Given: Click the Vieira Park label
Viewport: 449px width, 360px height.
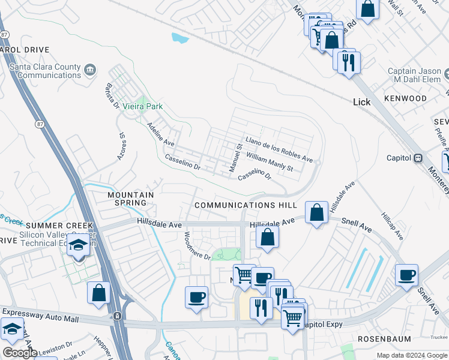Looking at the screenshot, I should coord(142,106).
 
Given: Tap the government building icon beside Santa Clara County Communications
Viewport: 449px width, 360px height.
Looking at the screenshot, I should coord(90,70).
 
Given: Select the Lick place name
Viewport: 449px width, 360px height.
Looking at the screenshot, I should coord(362,102).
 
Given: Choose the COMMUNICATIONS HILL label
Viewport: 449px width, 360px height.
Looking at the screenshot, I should coord(246,205).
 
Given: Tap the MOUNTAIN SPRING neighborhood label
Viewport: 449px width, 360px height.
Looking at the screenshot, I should coord(130,199).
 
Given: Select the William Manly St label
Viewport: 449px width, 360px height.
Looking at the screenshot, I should coord(270,161).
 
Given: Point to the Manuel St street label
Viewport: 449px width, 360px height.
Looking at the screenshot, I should coord(235,157).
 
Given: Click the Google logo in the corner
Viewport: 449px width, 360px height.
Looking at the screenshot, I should coord(20,353).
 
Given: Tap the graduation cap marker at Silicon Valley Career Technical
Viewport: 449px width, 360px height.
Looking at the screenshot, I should coord(77,244).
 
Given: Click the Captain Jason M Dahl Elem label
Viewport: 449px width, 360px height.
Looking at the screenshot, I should coord(414,76).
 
